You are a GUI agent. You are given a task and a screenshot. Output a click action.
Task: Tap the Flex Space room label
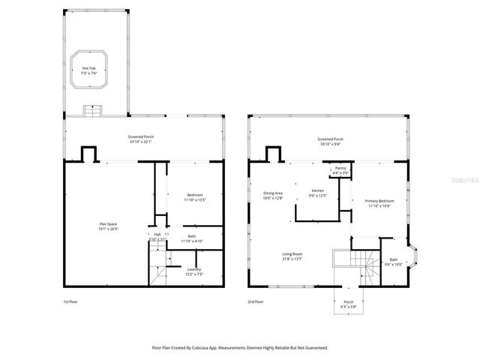[107, 226]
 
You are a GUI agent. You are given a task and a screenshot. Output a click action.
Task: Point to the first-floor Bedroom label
[194, 197]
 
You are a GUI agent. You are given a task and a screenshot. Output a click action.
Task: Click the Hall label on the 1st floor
[157, 236]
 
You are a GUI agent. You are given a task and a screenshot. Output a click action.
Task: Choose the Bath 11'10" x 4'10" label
[193, 238]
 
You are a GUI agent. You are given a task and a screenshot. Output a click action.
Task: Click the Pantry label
[340, 170]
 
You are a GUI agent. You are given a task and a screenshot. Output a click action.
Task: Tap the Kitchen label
[318, 193]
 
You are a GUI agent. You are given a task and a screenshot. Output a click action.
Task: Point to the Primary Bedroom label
[379, 203]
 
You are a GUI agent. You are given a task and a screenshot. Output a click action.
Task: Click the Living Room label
[292, 256]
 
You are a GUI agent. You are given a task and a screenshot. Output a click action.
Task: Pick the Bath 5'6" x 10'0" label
[394, 262]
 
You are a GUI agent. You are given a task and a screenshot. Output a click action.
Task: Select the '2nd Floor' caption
[255, 301]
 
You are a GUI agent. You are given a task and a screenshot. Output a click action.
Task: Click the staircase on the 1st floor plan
[158, 268]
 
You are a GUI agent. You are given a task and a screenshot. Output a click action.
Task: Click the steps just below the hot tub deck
[93, 111]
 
